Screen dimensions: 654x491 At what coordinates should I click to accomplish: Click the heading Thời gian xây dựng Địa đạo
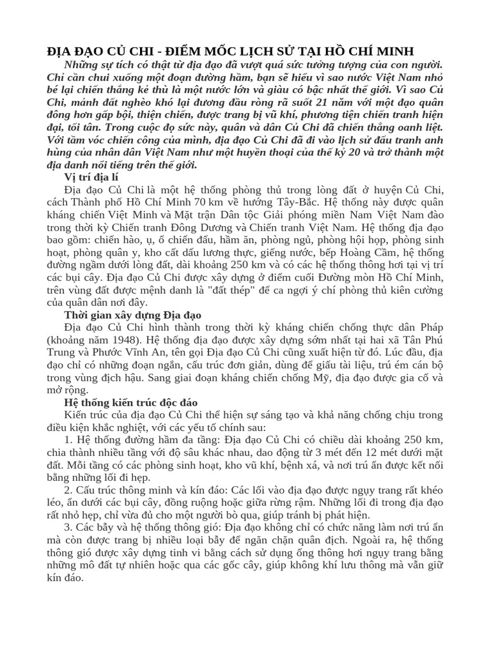pos(132,316)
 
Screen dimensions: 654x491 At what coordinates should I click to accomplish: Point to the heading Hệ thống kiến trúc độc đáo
pos(131,402)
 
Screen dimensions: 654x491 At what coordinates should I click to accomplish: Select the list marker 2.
pos(68,487)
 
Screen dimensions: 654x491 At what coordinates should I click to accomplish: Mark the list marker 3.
pos(68,528)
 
